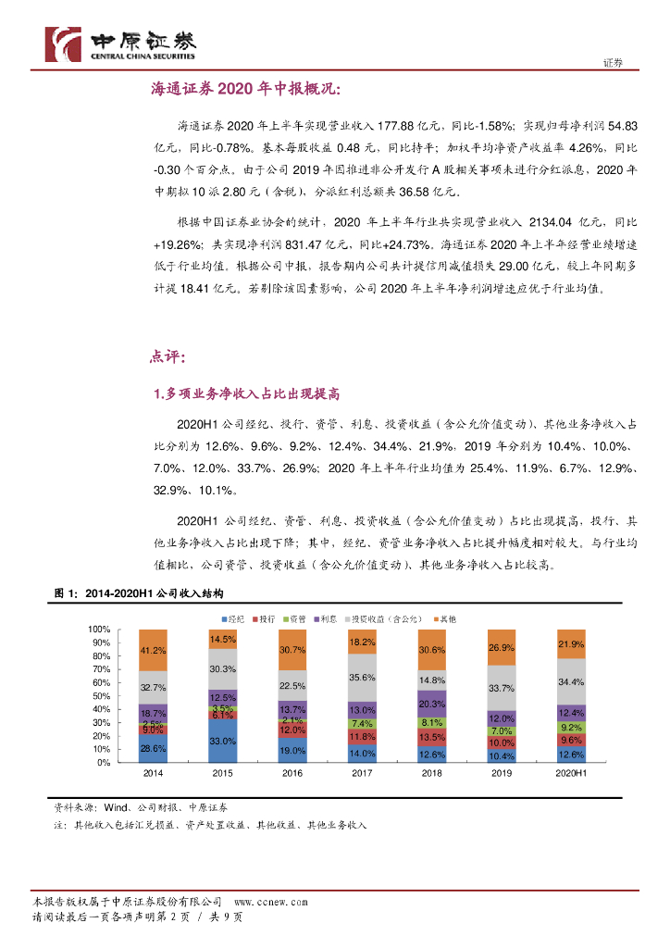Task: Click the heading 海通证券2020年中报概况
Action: point(246,89)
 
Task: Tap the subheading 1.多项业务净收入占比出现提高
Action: point(247,393)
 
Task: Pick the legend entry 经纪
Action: point(232,617)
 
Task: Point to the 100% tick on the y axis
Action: point(99,630)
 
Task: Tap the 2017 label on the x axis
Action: point(363,772)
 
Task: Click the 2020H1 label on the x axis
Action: point(571,772)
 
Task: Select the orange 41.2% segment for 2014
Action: point(153,650)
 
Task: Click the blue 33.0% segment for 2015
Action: point(222,741)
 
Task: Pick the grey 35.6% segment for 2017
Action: point(363,678)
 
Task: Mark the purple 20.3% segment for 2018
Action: point(432,704)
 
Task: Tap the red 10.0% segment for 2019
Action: point(502,742)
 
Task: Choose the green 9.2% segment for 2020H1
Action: point(571,727)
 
